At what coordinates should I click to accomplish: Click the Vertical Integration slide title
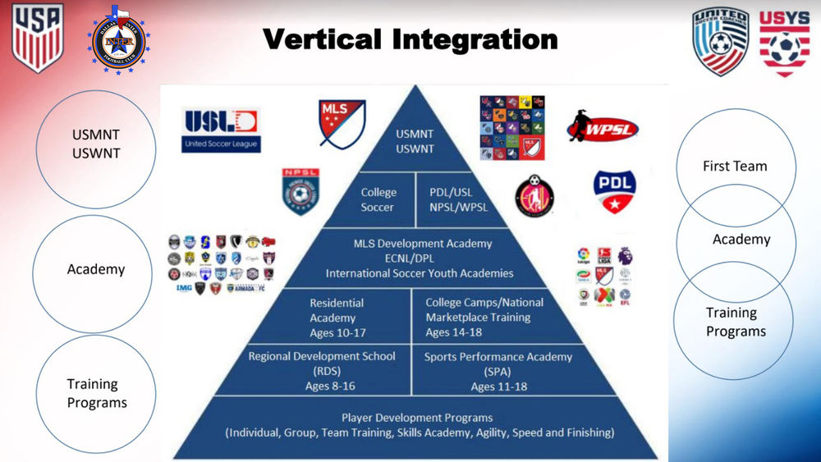tap(410, 39)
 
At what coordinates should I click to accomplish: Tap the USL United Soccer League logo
tap(221, 130)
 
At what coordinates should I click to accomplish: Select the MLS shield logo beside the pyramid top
tap(342, 123)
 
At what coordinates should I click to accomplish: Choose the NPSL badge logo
tap(300, 192)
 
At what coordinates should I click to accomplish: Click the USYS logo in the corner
tap(784, 42)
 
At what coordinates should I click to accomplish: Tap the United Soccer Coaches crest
tap(720, 40)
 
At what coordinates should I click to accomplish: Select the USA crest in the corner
tap(37, 37)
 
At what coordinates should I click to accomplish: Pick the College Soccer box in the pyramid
tap(378, 199)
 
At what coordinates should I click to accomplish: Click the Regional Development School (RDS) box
tap(322, 371)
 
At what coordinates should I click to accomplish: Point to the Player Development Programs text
tap(418, 418)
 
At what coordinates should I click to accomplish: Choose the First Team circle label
tap(735, 166)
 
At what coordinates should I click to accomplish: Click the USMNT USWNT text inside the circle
tap(95, 144)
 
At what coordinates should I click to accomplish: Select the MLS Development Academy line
tap(423, 244)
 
